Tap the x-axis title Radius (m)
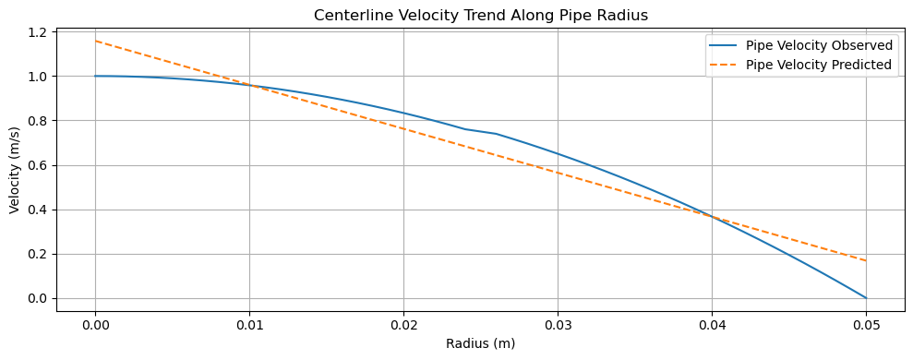coord(480,343)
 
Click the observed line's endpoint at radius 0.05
coord(866,298)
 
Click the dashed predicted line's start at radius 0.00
coord(95,41)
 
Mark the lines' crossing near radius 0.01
coord(250,85)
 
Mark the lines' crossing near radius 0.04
coord(712,217)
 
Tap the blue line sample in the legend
coord(725,45)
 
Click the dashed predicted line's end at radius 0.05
coord(866,260)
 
